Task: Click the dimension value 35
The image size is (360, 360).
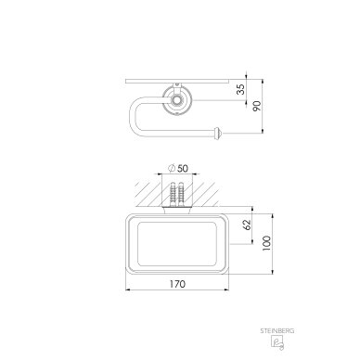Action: (241, 89)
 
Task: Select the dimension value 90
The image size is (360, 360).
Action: (257, 106)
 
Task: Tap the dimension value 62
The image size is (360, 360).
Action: (247, 225)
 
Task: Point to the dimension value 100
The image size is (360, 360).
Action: (266, 243)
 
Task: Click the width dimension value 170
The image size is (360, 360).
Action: (177, 284)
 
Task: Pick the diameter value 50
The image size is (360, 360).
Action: (183, 169)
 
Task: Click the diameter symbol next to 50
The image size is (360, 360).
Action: (172, 169)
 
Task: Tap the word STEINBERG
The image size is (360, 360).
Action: (277, 331)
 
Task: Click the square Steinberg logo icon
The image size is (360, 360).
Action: (277, 342)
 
